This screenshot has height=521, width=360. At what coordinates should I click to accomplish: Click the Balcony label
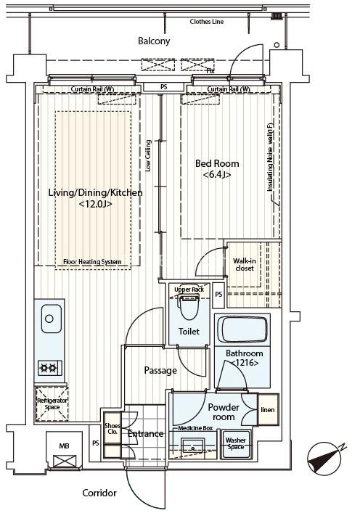[154, 41]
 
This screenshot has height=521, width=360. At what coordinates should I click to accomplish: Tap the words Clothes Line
[207, 22]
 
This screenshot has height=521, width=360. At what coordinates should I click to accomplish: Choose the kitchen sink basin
[52, 319]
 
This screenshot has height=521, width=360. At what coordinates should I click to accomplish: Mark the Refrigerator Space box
[52, 403]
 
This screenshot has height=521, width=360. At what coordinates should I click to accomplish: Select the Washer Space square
[236, 444]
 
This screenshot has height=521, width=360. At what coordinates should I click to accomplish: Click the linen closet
[268, 410]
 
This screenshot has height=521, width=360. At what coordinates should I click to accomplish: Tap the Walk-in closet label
[245, 264]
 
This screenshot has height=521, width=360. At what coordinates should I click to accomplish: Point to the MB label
[64, 446]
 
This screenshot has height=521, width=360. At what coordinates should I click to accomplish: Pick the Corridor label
[99, 493]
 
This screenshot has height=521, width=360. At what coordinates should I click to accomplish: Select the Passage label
[160, 371]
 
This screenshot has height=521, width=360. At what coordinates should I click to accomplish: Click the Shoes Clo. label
[112, 429]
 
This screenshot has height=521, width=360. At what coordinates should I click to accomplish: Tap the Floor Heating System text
[92, 262]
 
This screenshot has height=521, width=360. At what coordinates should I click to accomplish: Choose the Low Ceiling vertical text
[148, 155]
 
